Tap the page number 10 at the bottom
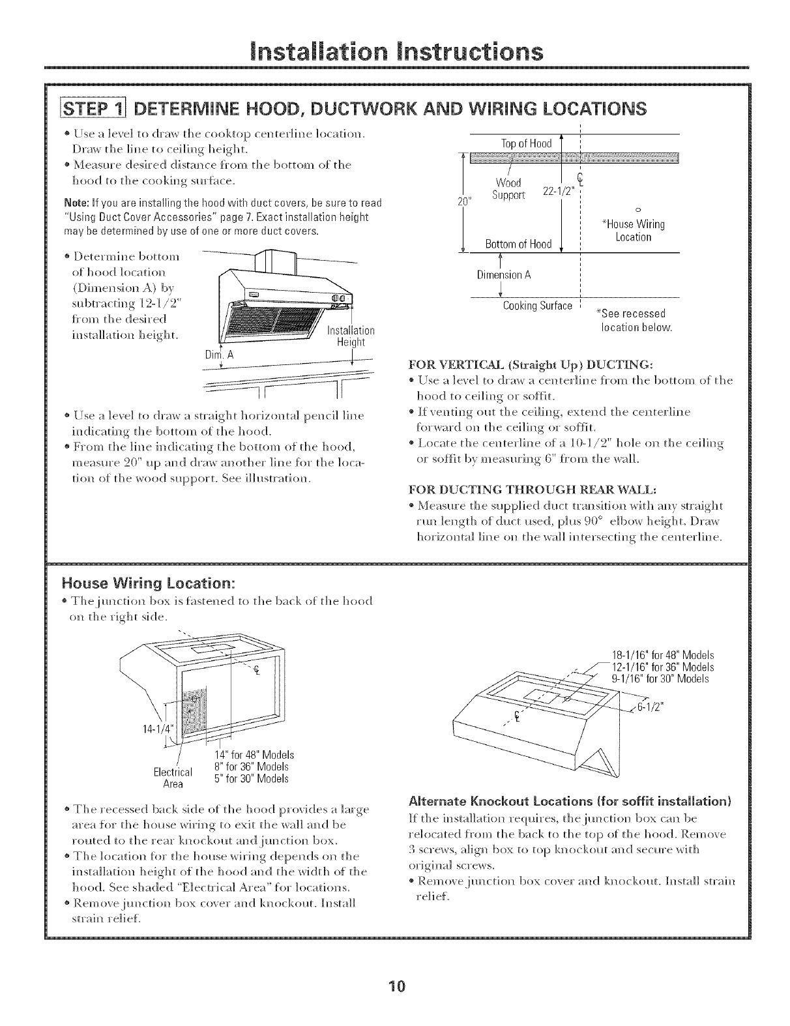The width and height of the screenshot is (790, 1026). tap(395, 985)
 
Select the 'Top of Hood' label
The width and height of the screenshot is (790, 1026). tap(526, 143)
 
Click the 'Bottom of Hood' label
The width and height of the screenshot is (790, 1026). tap(518, 244)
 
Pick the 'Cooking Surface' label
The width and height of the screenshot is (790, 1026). tap(538, 306)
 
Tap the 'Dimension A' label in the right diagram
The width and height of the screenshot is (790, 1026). tap(505, 274)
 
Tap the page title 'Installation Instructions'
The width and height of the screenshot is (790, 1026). tap(395, 50)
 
